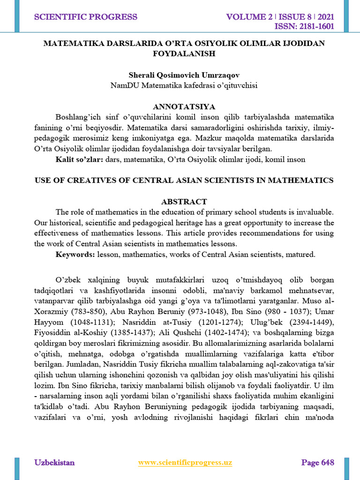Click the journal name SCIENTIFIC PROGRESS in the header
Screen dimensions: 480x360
point(86,17)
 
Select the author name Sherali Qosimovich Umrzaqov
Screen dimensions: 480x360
point(184,75)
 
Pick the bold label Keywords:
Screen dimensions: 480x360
point(75,255)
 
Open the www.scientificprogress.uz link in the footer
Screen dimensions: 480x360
point(185,463)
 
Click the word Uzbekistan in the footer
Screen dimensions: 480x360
point(54,463)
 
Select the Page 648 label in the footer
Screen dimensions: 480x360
point(317,463)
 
